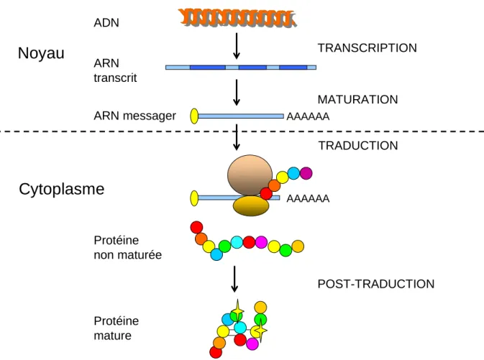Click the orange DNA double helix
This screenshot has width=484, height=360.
(x=237, y=17)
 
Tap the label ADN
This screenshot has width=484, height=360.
(x=106, y=23)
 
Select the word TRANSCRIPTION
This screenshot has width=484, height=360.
(x=367, y=48)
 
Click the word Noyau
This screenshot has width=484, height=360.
(x=41, y=53)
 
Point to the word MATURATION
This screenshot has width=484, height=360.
(x=357, y=100)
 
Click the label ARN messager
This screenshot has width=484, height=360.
(x=135, y=116)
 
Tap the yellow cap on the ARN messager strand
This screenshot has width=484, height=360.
(x=194, y=116)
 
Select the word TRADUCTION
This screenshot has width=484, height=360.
(x=358, y=146)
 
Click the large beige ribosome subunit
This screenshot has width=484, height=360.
(x=250, y=175)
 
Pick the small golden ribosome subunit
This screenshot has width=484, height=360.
(x=251, y=206)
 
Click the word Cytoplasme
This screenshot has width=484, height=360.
(x=62, y=189)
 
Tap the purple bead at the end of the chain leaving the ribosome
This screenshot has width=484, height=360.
(x=306, y=173)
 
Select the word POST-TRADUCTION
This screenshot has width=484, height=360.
(x=376, y=284)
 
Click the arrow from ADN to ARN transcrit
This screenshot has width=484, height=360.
(x=237, y=46)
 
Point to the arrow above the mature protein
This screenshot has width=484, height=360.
(x=234, y=279)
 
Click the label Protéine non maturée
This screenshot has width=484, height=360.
(x=128, y=248)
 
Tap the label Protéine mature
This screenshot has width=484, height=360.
(x=117, y=328)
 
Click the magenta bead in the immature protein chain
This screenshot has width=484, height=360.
(x=261, y=242)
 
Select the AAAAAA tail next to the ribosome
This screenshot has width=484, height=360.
(x=308, y=198)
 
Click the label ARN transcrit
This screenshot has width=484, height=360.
(x=115, y=70)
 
